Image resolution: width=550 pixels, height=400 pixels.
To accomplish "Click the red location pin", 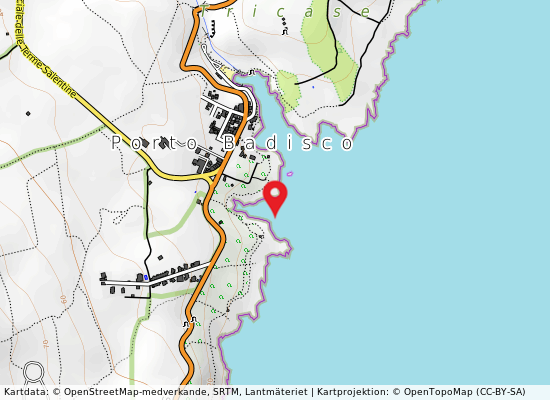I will point(275,196).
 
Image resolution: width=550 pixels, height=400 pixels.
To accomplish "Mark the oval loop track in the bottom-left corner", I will point(34,373).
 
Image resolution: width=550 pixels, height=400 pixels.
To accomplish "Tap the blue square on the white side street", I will point(146,276).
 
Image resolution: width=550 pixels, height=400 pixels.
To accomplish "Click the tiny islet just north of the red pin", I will point(290,173).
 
